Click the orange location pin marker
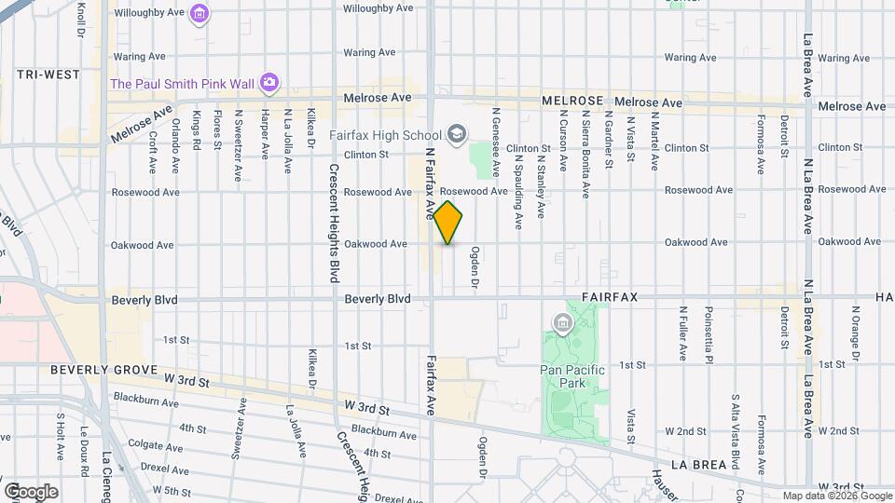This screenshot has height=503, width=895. (448, 222)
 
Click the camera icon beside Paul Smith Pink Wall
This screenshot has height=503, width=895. (269, 84)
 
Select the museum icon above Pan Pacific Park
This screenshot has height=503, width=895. (562, 324)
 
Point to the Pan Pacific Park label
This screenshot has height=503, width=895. (573, 370)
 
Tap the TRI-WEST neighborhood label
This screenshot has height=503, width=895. (48, 74)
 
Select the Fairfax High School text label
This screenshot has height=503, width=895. (385, 135)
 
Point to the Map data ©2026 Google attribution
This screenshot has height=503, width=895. (836, 496)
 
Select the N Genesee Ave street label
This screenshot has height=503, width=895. (497, 141)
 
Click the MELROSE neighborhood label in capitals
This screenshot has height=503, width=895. (573, 100)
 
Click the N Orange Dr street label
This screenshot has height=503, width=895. (855, 332)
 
